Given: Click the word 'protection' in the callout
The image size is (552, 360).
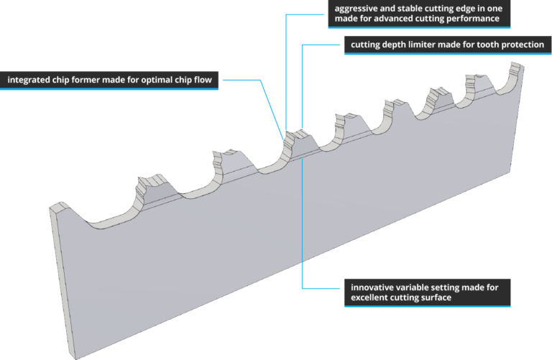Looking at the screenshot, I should click(x=520, y=45).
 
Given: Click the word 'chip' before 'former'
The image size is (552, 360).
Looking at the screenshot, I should click(x=67, y=80).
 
